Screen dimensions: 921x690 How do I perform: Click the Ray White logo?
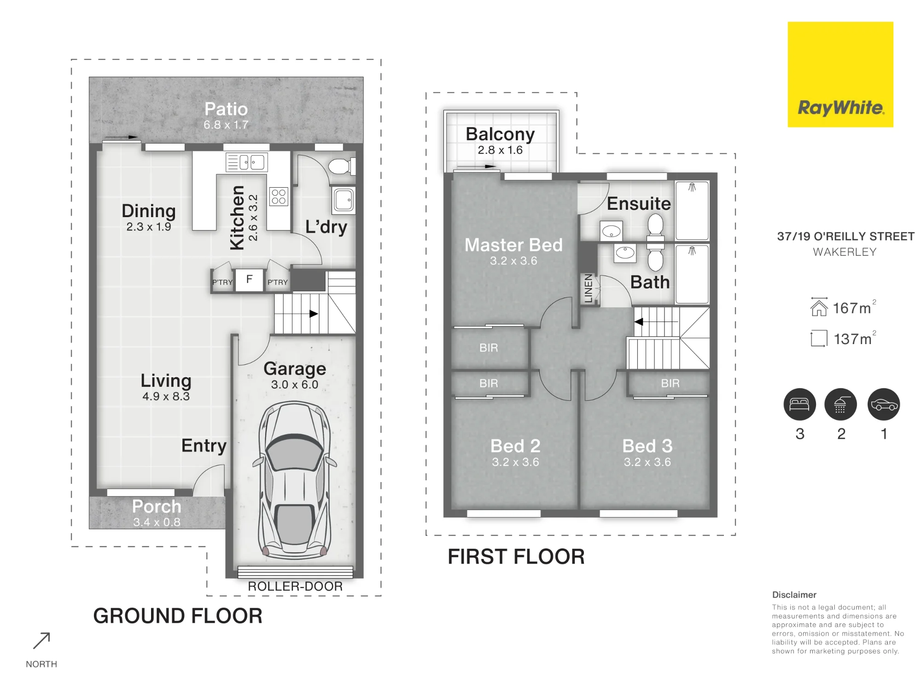pos(840,75)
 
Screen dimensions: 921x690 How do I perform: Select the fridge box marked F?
pos(249,280)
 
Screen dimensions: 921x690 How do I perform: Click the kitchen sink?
pos(247,162)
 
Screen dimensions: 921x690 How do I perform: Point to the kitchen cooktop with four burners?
pos(279,196)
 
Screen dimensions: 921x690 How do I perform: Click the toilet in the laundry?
pos(341,167)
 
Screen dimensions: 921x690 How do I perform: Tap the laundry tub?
pos(344,200)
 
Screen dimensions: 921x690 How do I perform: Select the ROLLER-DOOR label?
pos(295,586)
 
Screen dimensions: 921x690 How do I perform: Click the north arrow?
pos(41,641)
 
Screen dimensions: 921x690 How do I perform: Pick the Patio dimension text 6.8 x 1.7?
pos(226,125)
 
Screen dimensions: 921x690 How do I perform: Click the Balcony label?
pos(500,134)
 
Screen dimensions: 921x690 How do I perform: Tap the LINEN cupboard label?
pos(588,288)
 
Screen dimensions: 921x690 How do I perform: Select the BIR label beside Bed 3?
pos(670,383)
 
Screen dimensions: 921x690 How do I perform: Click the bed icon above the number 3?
pos(800,404)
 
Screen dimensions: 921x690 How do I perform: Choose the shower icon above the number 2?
pos(840,404)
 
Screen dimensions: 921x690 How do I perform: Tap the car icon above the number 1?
pos(884,404)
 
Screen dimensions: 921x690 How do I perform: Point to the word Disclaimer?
pos(794,595)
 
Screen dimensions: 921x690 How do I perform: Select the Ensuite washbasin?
pos(612,231)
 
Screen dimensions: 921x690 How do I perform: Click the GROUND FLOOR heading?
pos(178,616)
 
